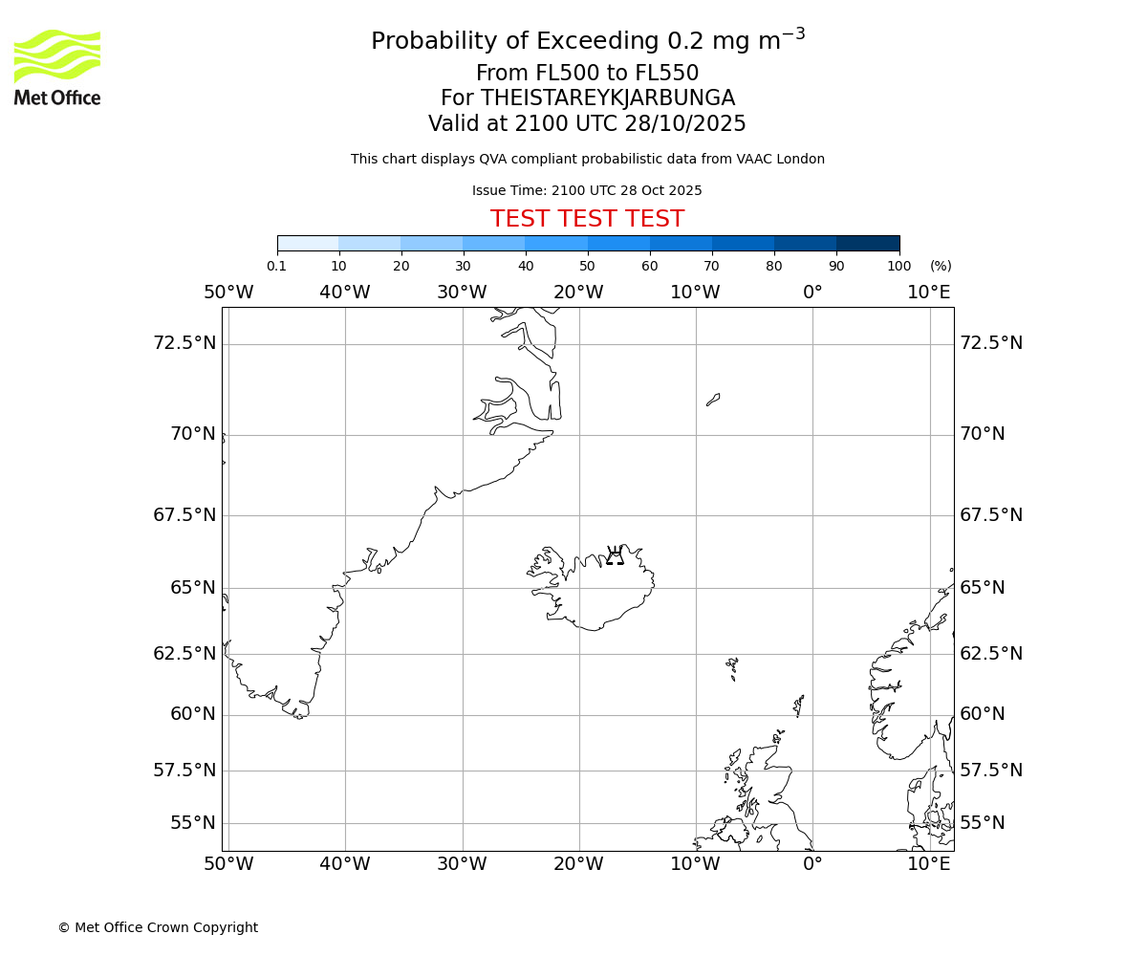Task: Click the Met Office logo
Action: (57, 67)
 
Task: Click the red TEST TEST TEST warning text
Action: (587, 219)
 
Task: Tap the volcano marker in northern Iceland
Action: (615, 555)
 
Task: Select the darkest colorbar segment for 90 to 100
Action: (868, 243)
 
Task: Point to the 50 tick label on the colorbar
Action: (587, 266)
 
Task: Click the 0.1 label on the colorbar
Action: (277, 266)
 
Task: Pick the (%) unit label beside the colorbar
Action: (941, 266)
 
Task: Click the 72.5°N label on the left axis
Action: (184, 342)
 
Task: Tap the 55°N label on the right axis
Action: (983, 822)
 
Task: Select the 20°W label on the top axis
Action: (578, 292)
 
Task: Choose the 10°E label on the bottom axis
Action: (929, 864)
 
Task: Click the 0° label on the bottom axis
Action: (812, 864)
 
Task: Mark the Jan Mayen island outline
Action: (713, 399)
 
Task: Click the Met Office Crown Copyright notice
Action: (158, 927)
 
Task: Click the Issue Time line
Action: (587, 190)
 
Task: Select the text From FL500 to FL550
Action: (587, 74)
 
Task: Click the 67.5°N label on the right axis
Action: (991, 514)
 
